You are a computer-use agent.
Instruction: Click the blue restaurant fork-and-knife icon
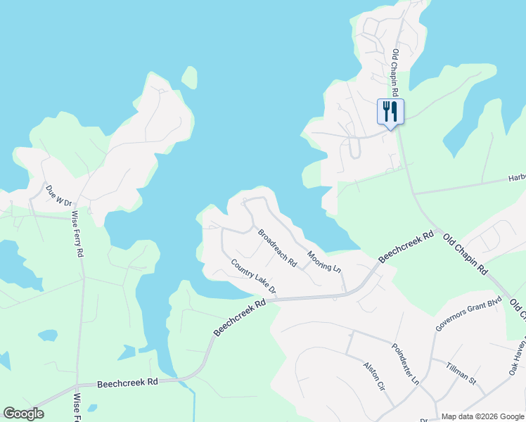coord(390,111)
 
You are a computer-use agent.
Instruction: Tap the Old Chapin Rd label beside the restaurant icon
coord(395,73)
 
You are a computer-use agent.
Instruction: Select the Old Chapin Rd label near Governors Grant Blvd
coord(465,255)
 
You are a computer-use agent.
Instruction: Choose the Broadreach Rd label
coord(277,248)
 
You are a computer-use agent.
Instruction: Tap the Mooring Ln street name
coord(323,260)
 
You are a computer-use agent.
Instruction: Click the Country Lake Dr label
coord(254,277)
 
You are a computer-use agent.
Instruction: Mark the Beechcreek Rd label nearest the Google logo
coord(128,383)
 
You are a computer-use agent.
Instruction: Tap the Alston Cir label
coord(374,376)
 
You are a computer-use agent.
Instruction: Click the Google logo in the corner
coord(23,414)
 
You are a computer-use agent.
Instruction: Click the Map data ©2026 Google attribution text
coord(482,416)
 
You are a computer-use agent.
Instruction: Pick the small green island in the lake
coord(189,77)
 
